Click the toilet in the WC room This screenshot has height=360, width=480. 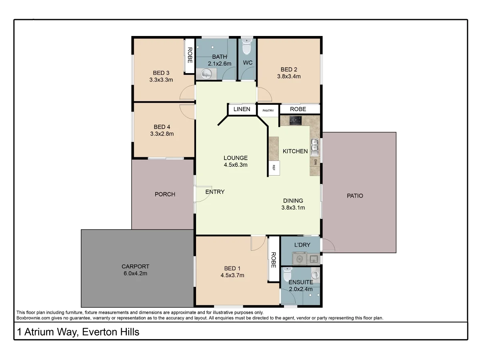pos(247,47)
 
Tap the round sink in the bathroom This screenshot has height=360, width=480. pos(206,74)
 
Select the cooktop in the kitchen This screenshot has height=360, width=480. pos(296,120)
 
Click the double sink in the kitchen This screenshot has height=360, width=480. pos(315,146)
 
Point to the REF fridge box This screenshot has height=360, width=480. pos(274,167)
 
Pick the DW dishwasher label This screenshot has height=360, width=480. pos(315,162)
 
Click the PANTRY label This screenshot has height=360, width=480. pos(268,110)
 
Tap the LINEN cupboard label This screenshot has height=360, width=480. pos(242,109)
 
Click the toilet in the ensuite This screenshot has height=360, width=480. pos(287,275)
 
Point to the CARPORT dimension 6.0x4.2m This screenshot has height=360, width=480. pos(135,274)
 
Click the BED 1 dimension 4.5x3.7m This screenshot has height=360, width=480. pos(232,275)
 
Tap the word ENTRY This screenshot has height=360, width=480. pos(215,192)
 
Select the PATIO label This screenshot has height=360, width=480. pos(355,196)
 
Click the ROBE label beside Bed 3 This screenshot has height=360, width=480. pos(190,56)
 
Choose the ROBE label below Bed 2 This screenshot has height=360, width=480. pos(298,109)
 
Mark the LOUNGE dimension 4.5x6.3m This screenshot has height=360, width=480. pos(236,164)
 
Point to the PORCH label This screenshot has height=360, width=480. pos(165,194)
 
